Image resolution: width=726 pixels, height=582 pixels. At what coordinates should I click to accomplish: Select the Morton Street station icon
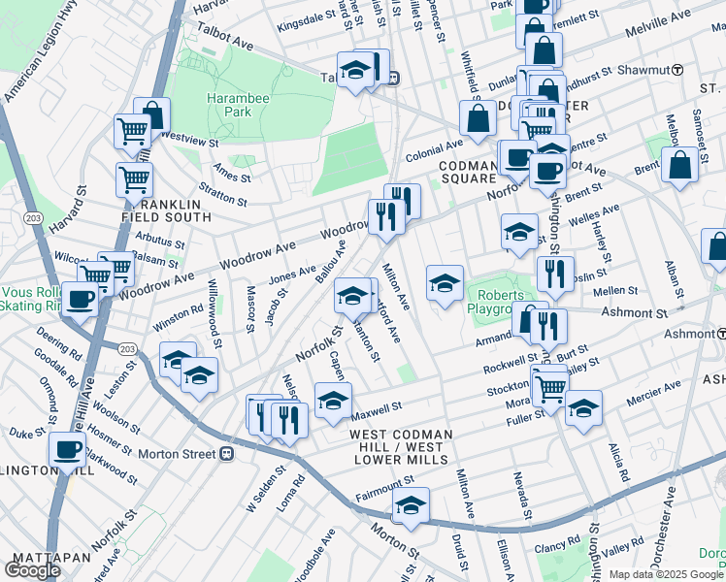226,453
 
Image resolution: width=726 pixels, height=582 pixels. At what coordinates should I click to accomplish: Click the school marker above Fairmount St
411,506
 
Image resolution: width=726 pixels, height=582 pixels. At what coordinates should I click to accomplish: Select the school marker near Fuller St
583,408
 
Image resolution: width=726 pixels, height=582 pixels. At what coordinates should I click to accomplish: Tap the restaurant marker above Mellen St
555,273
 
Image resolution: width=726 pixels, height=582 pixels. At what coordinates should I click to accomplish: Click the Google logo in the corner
32,569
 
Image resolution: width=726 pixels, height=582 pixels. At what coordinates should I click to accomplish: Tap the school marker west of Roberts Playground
444,283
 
